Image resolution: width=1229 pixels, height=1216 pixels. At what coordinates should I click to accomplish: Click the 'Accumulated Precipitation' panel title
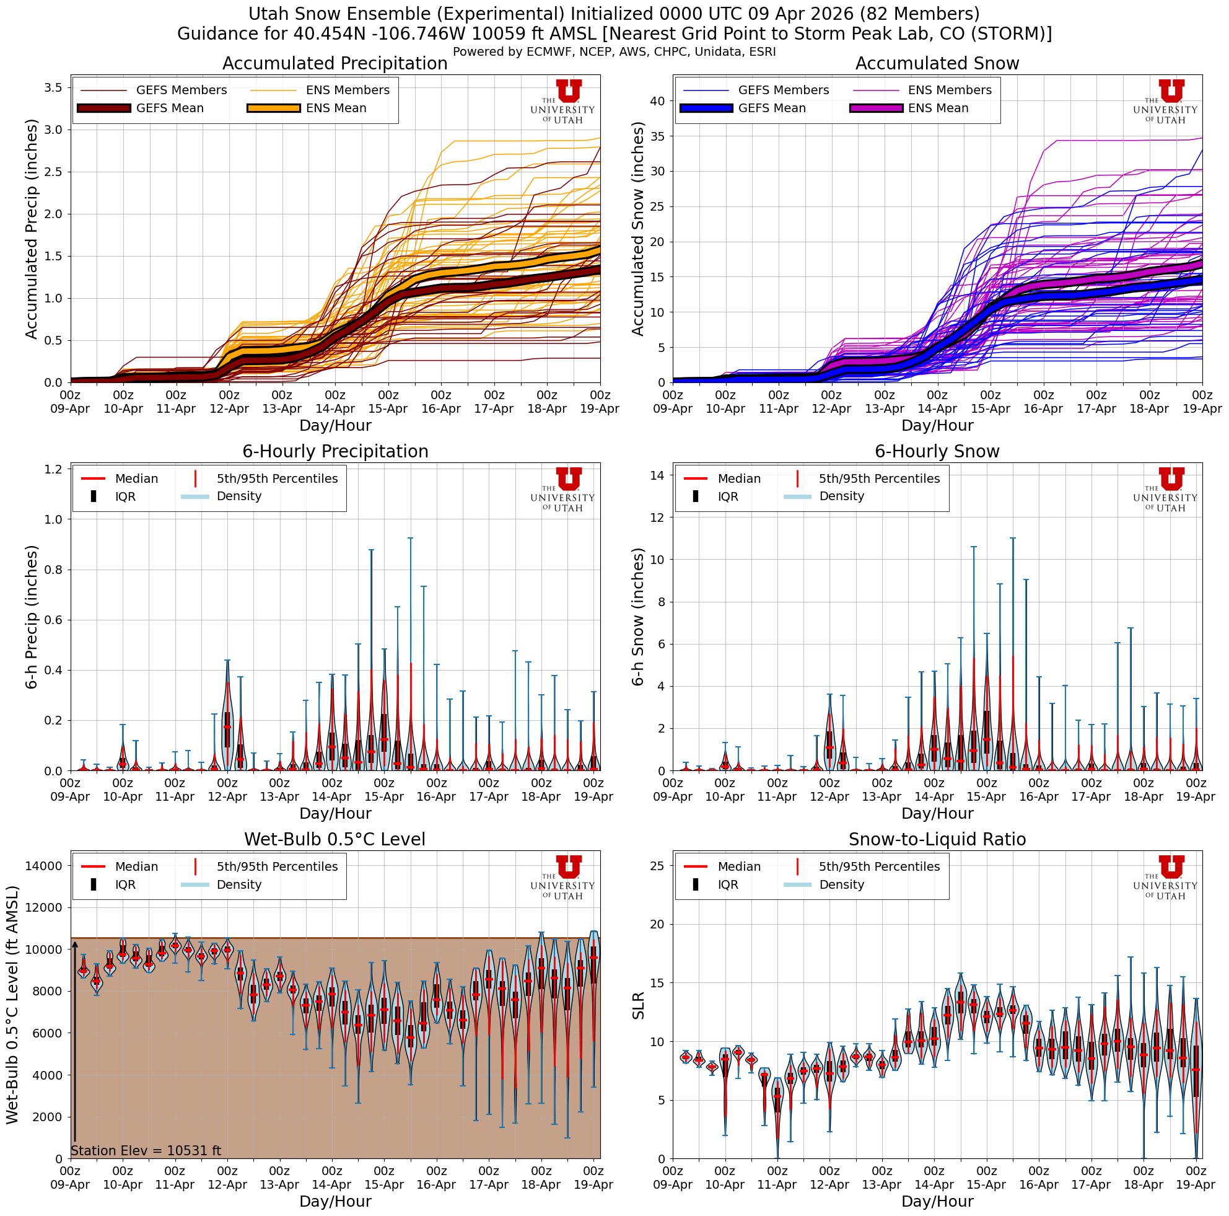coord(335,64)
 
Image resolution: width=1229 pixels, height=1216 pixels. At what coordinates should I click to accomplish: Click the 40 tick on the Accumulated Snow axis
coord(657,101)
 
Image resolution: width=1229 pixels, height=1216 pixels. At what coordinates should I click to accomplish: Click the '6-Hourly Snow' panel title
coord(937,452)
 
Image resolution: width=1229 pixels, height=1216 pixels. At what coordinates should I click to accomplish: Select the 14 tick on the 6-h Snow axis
coord(657,475)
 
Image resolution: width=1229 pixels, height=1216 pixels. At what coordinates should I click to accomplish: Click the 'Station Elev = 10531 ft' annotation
coord(146,1150)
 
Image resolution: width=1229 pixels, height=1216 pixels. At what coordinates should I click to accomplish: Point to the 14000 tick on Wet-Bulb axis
coord(43,866)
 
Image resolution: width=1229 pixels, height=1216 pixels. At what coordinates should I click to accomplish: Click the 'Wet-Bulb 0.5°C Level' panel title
coord(335,840)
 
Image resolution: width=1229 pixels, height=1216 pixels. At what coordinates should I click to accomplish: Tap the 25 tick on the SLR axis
coord(657,866)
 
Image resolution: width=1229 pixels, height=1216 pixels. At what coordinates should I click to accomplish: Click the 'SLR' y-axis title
coord(638,1005)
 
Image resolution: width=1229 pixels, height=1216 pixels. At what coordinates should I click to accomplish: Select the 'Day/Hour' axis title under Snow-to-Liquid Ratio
coord(937,1201)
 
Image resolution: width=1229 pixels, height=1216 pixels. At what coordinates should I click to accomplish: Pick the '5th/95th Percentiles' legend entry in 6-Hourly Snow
coord(878,478)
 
